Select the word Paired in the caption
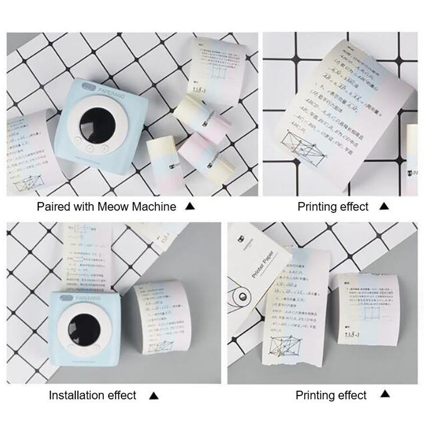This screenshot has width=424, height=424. tap(52, 207)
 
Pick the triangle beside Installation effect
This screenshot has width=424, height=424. tap(154, 395)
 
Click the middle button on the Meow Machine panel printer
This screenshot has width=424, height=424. tap(90, 149)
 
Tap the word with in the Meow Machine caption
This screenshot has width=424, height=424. tap(83, 207)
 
